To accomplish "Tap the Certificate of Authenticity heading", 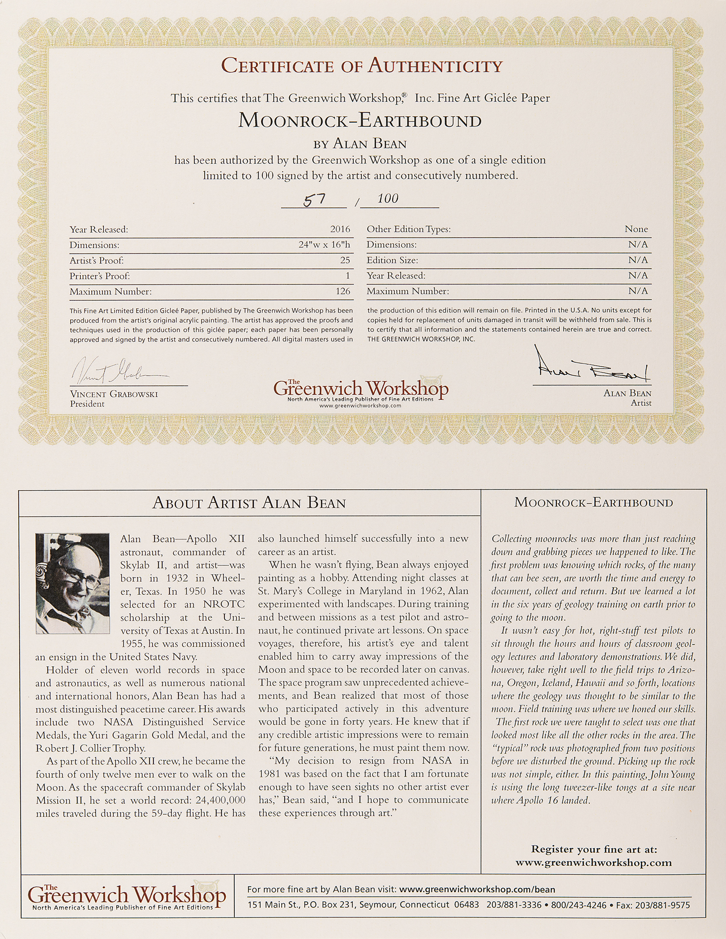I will [x=362, y=65].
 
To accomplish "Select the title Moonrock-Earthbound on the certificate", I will [x=360, y=121].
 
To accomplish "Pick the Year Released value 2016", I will [x=340, y=229].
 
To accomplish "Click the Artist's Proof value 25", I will [x=345, y=260].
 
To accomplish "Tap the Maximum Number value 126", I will [x=343, y=291].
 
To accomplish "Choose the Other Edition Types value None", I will [x=636, y=229].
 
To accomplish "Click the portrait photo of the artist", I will [x=73, y=583].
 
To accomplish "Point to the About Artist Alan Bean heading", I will [x=249, y=503].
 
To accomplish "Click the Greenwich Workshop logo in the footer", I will [x=127, y=897].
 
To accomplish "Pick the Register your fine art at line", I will [x=594, y=849].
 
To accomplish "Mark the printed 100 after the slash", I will [x=387, y=199].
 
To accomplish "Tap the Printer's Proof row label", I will [x=100, y=276].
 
